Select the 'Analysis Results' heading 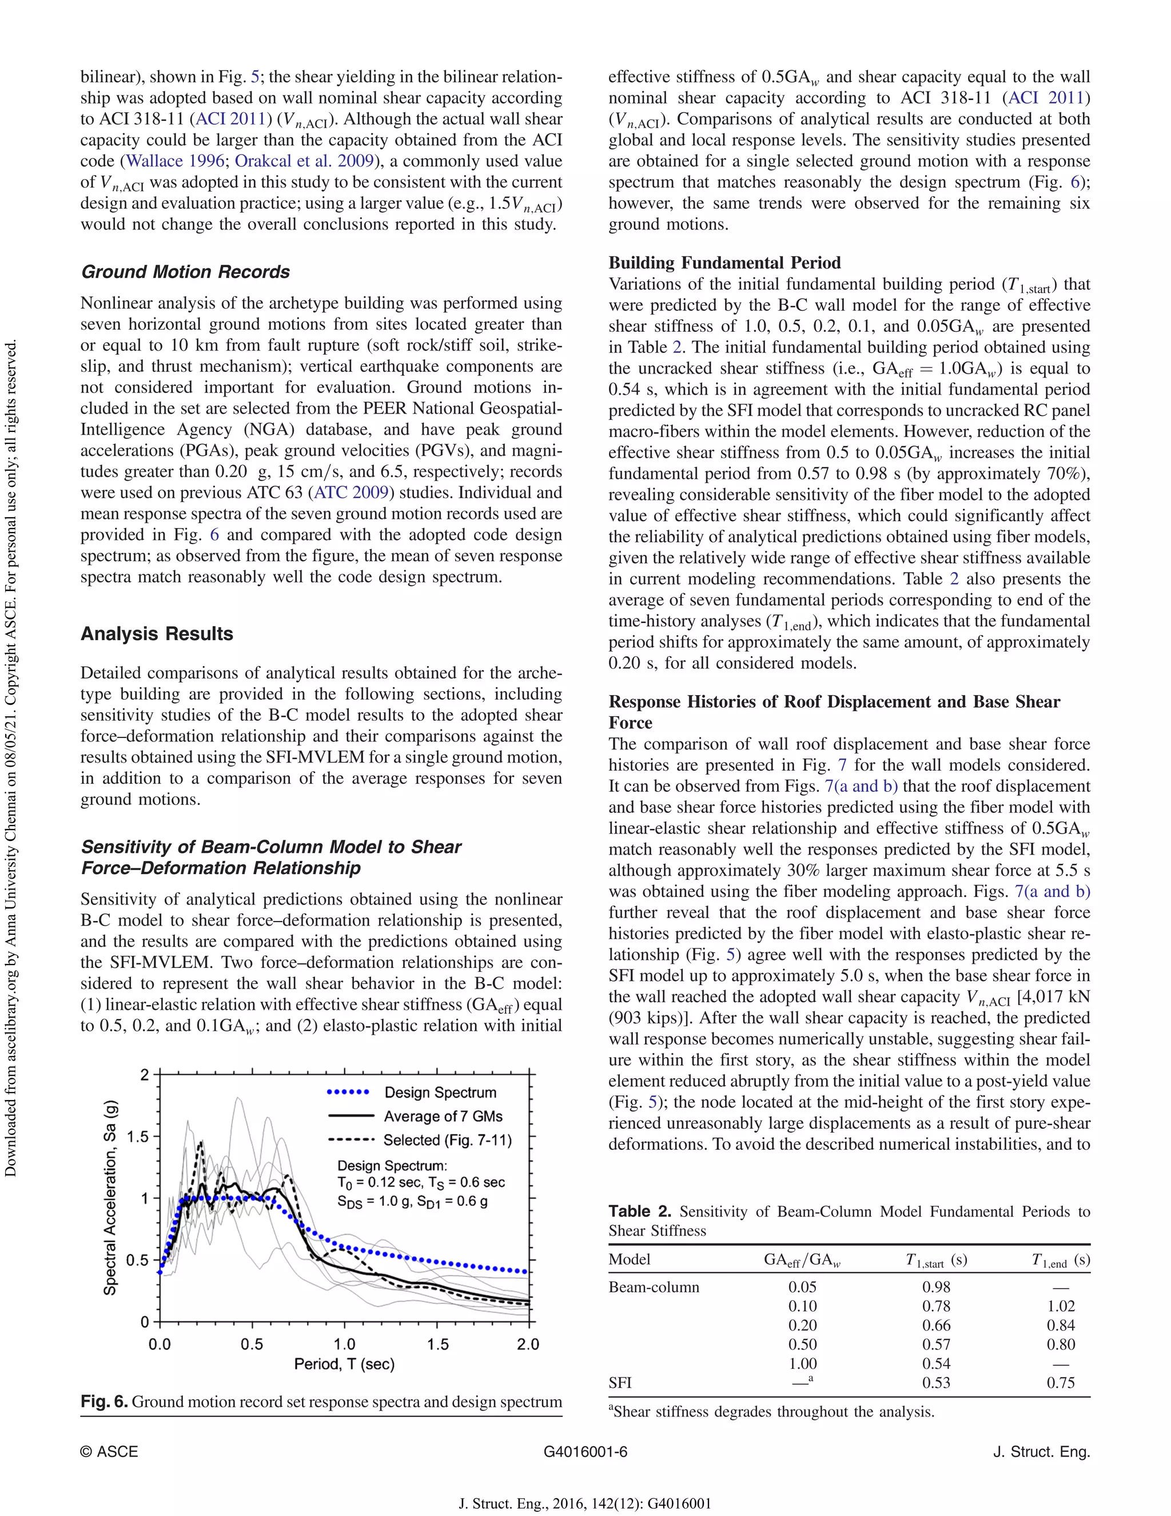(157, 634)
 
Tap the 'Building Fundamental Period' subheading (724, 263)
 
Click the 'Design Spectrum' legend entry (440, 1092)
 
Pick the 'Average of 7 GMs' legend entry (443, 1116)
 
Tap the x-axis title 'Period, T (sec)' (344, 1364)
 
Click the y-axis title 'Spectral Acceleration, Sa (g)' (110, 1197)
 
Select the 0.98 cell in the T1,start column (936, 1287)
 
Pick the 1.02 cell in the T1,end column (1061, 1305)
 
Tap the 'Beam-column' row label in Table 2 (654, 1287)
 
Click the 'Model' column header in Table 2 (629, 1259)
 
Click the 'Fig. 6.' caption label (104, 1402)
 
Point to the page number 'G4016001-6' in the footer (585, 1451)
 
